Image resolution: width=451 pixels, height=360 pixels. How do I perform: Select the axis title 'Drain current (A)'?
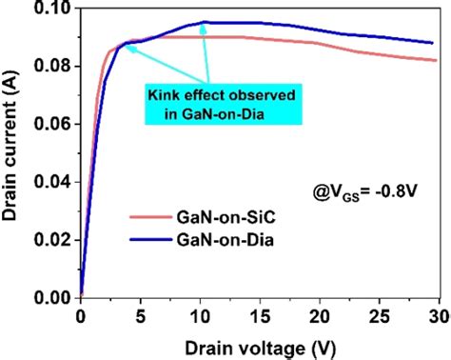[x=13, y=152]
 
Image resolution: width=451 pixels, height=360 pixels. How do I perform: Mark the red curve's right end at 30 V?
[x=438, y=60]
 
